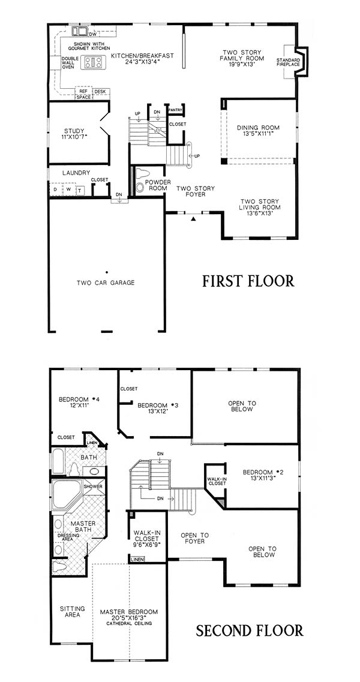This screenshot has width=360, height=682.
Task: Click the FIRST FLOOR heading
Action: [248, 281]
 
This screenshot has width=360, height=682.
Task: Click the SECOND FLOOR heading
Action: [249, 630]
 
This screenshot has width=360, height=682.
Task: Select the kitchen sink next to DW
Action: [80, 31]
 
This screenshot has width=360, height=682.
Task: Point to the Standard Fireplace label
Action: [288, 62]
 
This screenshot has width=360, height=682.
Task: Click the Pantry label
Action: [175, 110]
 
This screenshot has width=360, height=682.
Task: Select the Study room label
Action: [74, 131]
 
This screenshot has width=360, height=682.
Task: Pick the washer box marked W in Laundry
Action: [69, 190]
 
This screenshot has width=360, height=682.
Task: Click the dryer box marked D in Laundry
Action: [56, 190]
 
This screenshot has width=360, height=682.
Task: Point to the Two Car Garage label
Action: [106, 283]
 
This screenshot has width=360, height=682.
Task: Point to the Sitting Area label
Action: [72, 612]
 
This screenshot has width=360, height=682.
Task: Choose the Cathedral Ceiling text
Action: [129, 624]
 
